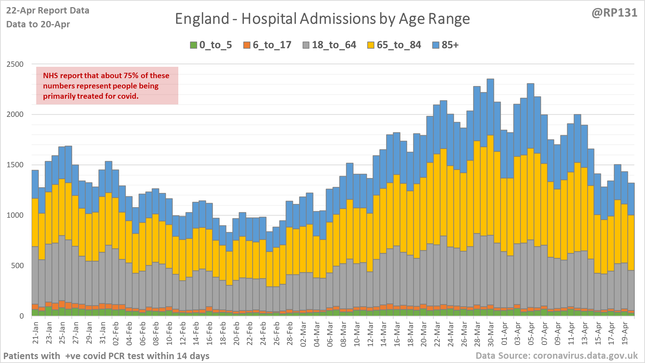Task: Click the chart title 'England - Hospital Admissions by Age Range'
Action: [x=322, y=19]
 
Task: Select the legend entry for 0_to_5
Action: [x=211, y=45]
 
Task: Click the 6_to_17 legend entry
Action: [x=267, y=45]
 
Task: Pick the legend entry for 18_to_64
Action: [x=330, y=45]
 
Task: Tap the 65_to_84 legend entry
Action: [x=394, y=45]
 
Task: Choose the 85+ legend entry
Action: [x=446, y=45]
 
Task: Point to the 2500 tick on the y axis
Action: [x=15, y=64]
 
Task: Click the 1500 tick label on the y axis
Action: [x=15, y=165]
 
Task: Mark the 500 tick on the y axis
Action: [x=17, y=266]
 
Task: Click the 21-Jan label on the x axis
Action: [x=36, y=333]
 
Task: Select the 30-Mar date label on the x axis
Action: [x=491, y=333]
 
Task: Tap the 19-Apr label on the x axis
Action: [x=625, y=333]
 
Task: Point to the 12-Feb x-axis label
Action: [x=183, y=333]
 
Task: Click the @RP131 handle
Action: [x=614, y=13]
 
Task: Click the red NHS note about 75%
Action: [x=107, y=86]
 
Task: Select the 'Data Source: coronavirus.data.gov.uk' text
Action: [x=557, y=356]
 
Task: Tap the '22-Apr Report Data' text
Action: [x=48, y=11]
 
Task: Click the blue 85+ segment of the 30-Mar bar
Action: [x=490, y=107]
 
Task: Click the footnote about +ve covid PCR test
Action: [x=106, y=356]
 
